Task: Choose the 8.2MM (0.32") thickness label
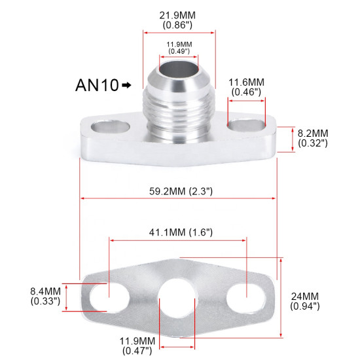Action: pyautogui.click(x=313, y=138)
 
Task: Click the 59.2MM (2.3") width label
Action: pyautogui.click(x=179, y=191)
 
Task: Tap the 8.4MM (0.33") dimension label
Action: pyautogui.click(x=45, y=295)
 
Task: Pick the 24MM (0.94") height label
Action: pyautogui.click(x=306, y=300)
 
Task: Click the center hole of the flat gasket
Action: pyautogui.click(x=177, y=297)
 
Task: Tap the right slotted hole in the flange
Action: pyautogui.click(x=244, y=124)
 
